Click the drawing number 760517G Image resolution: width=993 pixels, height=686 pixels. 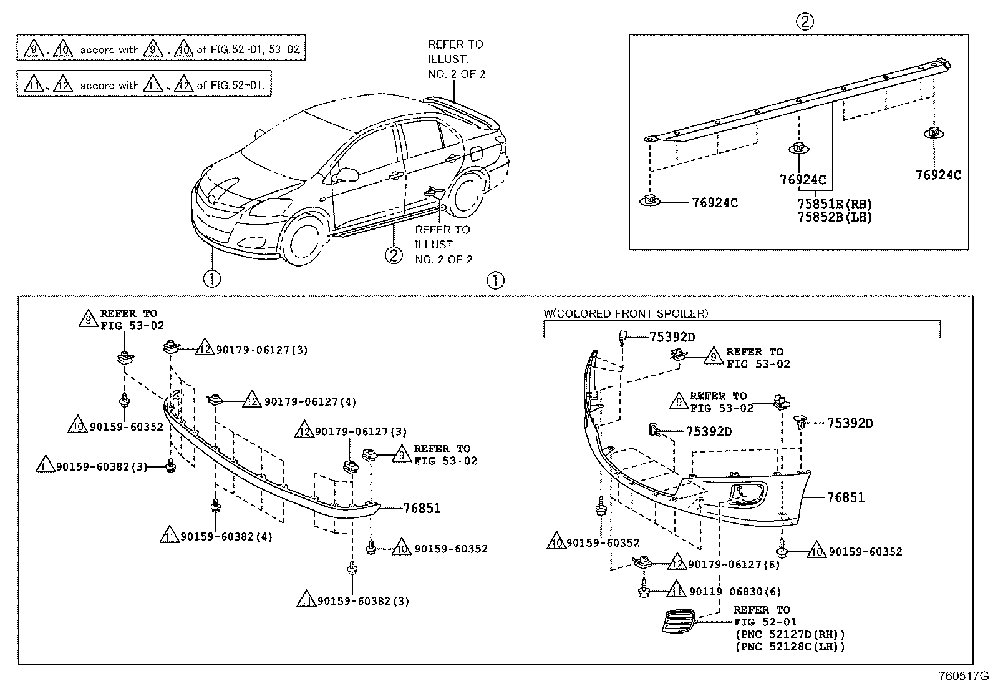[x=964, y=676]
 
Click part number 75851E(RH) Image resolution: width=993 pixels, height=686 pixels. [x=834, y=204]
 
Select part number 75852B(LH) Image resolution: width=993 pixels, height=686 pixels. [x=834, y=217]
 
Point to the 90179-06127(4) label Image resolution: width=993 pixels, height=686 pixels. [x=310, y=401]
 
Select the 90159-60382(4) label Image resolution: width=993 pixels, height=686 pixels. [x=226, y=536]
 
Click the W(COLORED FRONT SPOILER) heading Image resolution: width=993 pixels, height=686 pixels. [x=626, y=313]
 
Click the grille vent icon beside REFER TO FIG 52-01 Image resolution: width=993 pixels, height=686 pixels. [x=677, y=620]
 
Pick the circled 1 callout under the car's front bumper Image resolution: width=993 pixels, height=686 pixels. [x=211, y=278]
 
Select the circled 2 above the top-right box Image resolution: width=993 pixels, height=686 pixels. [x=804, y=22]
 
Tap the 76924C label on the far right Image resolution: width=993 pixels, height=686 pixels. [x=938, y=175]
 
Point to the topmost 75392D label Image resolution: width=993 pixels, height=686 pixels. [x=672, y=337]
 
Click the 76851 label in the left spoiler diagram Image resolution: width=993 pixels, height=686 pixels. [x=421, y=508]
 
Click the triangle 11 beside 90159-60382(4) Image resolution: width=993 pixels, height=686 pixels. [x=168, y=536]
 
